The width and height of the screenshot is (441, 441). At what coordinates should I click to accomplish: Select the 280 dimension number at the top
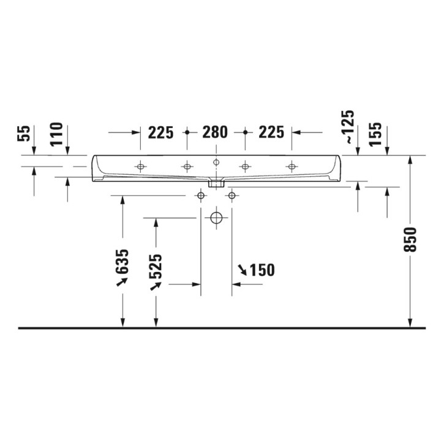tap(215, 132)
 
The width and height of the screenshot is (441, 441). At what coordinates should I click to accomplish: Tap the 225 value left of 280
tap(161, 132)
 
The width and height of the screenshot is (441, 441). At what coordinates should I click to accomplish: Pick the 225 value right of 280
tap(270, 132)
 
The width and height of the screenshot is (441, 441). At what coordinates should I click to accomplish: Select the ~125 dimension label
tap(348, 127)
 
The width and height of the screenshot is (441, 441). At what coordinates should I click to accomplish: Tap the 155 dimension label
tap(376, 133)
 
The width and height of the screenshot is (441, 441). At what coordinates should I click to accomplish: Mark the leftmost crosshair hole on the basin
tap(141, 166)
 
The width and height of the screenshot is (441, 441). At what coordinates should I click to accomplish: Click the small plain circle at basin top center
tap(216, 162)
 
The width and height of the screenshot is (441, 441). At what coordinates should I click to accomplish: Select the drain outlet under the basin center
tap(216, 182)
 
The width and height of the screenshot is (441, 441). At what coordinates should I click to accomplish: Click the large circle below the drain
tap(216, 218)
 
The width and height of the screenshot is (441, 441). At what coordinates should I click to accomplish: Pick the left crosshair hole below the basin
tap(200, 195)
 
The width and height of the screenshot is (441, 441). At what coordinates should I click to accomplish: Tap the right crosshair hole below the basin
tap(232, 195)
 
